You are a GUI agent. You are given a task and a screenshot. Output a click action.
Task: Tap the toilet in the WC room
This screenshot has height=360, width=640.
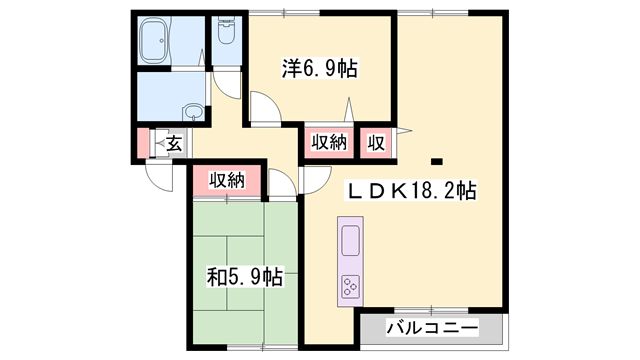(224, 33)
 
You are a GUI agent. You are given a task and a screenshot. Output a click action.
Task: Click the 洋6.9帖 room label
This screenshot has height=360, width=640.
(319, 69)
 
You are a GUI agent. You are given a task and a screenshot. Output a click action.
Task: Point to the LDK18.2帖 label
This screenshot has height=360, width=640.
(410, 191)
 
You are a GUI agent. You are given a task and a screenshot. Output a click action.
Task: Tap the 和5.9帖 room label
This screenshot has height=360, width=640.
(246, 275)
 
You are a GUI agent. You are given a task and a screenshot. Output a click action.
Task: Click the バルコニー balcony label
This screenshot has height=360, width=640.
(432, 328)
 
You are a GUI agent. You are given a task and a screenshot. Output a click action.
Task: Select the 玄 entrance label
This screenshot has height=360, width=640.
(172, 143)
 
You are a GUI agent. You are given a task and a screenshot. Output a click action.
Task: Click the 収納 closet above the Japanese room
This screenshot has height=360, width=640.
(227, 180)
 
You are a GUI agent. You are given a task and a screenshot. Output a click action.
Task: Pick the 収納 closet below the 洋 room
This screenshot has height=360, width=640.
(328, 142)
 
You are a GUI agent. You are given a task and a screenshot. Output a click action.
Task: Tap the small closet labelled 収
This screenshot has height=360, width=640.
(376, 142)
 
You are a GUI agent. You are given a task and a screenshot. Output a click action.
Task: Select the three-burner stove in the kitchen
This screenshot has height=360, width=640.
(351, 287)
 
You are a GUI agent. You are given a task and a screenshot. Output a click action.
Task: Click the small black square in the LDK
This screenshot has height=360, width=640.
(436, 160)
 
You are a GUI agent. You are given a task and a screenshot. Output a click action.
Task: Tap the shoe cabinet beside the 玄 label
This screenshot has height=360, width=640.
(154, 143)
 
